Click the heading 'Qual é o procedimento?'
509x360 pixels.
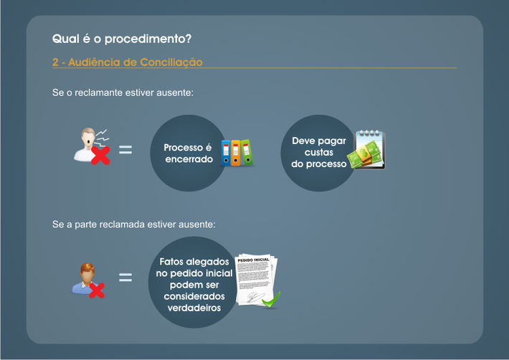point(122,39)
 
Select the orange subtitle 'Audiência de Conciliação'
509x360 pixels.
point(135,62)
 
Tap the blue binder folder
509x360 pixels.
point(226,153)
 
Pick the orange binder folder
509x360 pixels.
point(236,153)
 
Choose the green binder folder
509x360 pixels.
point(247,153)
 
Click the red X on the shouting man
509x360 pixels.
point(100,155)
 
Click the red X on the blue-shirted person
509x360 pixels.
point(97,290)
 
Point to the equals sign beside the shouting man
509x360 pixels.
point(125,150)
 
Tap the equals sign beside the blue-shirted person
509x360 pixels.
point(125,278)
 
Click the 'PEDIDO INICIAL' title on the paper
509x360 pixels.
point(253,260)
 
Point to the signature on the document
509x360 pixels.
point(255,297)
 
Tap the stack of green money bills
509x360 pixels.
point(364,155)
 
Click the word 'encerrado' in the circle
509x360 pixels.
point(189,159)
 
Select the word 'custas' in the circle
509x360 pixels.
point(319,152)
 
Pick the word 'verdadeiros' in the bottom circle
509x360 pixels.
point(194,308)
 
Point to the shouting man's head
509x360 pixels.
point(88,137)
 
